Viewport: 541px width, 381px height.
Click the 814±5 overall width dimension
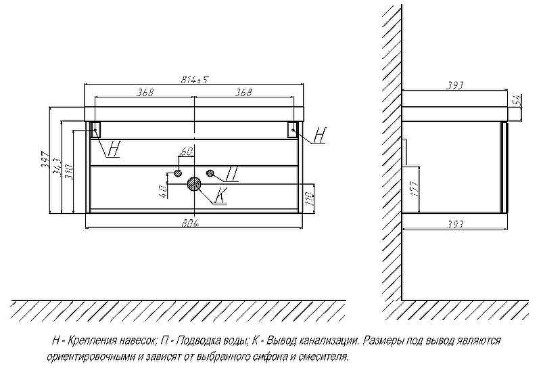pos(194,79)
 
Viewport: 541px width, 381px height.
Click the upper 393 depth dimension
pos(455,85)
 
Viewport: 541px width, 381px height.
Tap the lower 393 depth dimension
pos(455,225)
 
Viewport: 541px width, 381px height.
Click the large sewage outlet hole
pos(195,183)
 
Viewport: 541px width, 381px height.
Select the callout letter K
pos(221,197)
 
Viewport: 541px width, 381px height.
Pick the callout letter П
pos(231,175)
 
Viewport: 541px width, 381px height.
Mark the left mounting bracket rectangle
pos(95,129)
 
